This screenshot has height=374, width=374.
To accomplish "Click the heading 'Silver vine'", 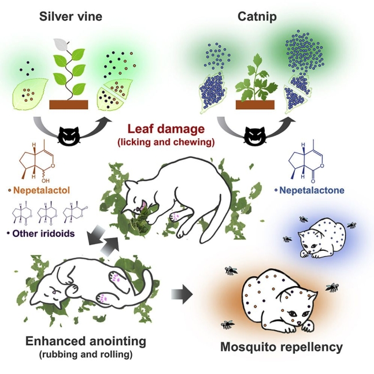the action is point(71,16).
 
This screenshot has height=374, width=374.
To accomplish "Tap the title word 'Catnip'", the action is point(257,17).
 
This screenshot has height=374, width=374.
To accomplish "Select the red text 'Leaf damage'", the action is point(166,129).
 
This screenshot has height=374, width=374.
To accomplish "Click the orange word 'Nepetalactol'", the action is point(42,190).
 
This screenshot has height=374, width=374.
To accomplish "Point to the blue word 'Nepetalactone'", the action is point(312,190).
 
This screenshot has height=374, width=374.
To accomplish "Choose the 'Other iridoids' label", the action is point(43,234).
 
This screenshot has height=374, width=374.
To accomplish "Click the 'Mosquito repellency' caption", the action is point(281,347).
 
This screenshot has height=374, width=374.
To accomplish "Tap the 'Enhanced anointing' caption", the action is point(86,341).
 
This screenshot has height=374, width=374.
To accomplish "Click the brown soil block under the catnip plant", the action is point(255,105).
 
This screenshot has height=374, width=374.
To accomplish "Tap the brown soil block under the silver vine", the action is point(69,105).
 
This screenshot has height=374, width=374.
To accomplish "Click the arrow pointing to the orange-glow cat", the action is point(182,294).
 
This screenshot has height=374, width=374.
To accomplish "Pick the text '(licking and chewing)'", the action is point(166,142).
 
